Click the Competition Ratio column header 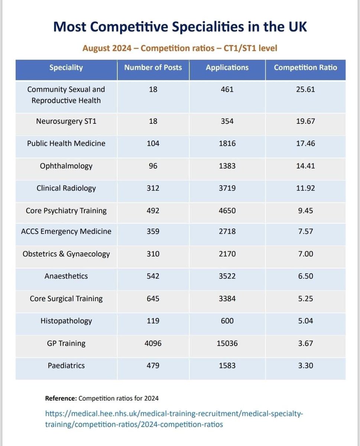tap(305, 68)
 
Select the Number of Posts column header tap(153, 68)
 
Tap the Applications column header tap(227, 68)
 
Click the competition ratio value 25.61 tap(305, 89)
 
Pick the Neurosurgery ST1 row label tap(66, 121)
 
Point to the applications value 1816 tap(227, 143)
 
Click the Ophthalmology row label tap(66, 166)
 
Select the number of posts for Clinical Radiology tap(153, 188)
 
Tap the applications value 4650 tap(227, 210)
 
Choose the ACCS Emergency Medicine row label tap(66, 231)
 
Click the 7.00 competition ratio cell tap(305, 254)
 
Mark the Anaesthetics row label tap(66, 276)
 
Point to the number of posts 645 tap(153, 298)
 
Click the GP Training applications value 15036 tap(227, 343)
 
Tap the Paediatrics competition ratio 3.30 tap(305, 365)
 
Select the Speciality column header tap(66, 68)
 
